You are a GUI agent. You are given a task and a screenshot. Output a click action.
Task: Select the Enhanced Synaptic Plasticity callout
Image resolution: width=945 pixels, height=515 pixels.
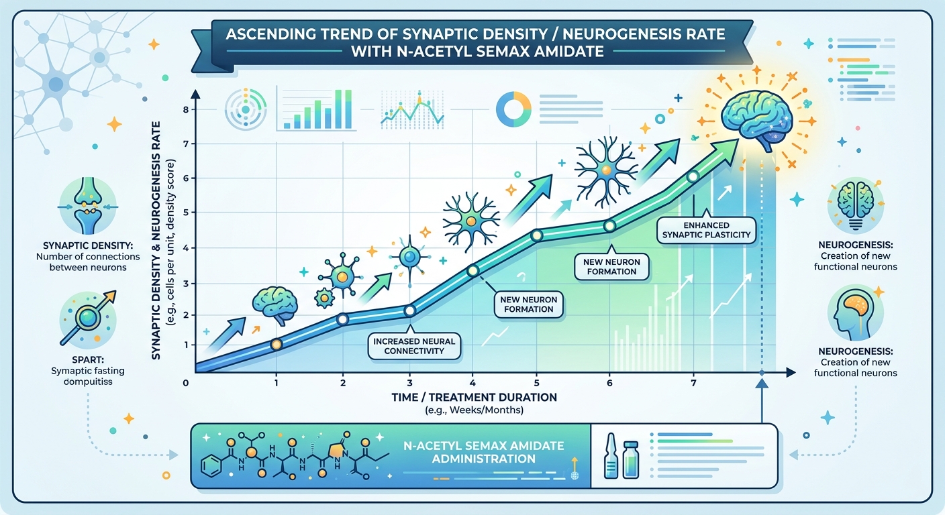[x=707, y=229]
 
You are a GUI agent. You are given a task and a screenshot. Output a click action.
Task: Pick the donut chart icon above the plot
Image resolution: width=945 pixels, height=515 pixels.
[x=513, y=108]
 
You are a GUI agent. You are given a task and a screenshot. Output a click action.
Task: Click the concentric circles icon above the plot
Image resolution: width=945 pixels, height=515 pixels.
[x=246, y=109]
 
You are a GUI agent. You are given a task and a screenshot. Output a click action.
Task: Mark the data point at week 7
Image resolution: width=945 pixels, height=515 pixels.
[x=693, y=176]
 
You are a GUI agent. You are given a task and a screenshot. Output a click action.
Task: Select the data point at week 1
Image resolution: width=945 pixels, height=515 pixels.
[x=275, y=344]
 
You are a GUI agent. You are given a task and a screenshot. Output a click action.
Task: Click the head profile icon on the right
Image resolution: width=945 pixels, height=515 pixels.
[x=854, y=311]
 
